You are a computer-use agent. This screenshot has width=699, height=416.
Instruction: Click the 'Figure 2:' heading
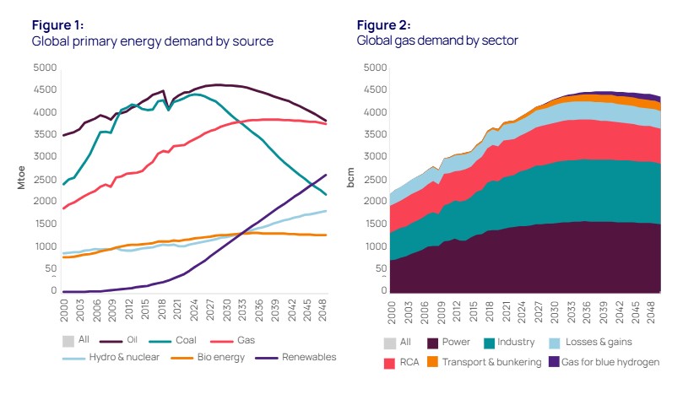pos(381,25)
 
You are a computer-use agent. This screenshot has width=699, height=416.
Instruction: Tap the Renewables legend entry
pos(307,357)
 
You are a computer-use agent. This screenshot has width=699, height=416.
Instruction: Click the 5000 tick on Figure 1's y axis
pos(46,67)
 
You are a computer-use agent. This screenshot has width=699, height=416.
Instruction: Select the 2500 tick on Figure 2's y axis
pos(375,179)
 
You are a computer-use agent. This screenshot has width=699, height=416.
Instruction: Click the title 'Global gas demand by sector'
pos(437,41)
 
